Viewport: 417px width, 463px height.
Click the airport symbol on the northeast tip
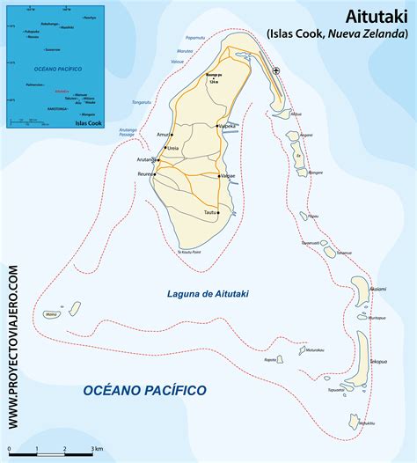pos(277,71)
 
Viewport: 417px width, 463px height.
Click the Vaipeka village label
pos(227,127)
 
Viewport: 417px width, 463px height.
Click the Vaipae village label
pos(227,176)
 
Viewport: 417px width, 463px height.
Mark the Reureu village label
pos(143,175)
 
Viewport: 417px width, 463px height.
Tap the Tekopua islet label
pos(377,362)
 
